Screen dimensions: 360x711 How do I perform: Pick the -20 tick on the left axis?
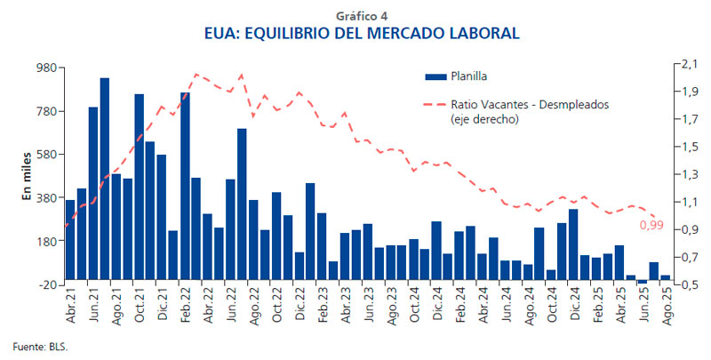pos(46,284)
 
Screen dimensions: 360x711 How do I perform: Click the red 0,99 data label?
pos(651,226)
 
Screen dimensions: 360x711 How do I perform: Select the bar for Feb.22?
pos(185,187)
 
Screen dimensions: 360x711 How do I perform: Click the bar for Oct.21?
pos(139,188)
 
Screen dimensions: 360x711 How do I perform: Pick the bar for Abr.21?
pos(70,241)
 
